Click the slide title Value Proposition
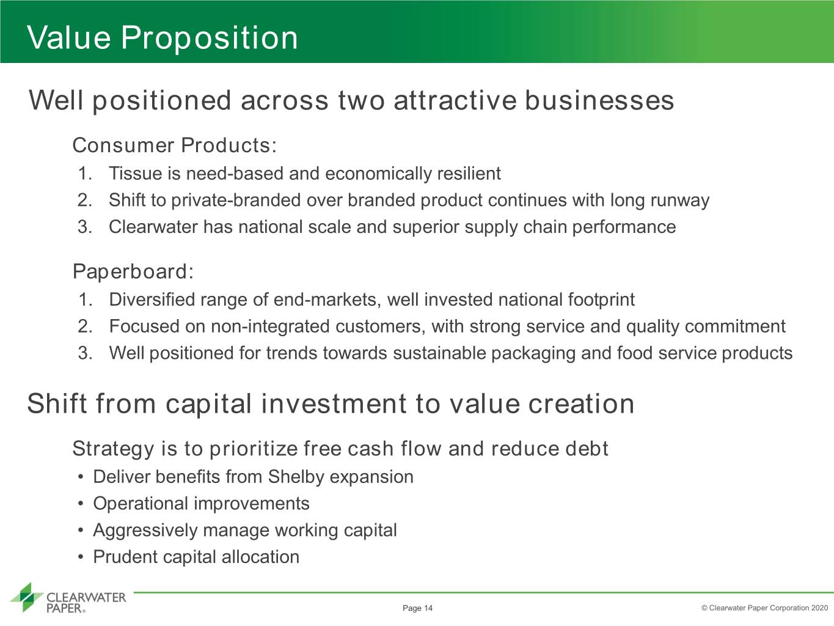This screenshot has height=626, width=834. point(163,38)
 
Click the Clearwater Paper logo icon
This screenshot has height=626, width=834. point(27,597)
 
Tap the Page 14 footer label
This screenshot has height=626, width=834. point(417,608)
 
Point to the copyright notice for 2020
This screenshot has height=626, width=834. point(764,608)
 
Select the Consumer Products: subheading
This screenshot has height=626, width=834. point(175,145)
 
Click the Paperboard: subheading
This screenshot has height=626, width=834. point(133,271)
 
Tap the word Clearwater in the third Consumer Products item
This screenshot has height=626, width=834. point(153,227)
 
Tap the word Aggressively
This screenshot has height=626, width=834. point(145,531)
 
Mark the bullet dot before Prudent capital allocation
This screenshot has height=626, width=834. point(80,557)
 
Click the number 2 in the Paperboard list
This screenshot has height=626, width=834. point(85,326)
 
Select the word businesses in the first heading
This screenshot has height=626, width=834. point(599,101)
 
